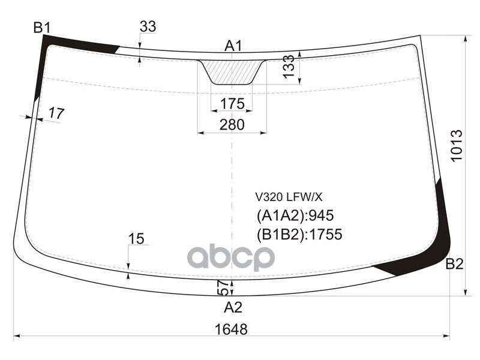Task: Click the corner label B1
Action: point(42,27)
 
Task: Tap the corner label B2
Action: point(454,263)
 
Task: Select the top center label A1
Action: point(233,46)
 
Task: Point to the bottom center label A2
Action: point(233,308)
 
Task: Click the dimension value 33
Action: point(148,26)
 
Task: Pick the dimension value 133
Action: point(289,67)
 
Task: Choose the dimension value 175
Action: point(232,104)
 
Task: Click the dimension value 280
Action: point(232,125)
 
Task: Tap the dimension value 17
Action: point(56,113)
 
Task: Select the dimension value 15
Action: point(136,239)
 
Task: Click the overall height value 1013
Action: point(457,146)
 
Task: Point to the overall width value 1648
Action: point(230,329)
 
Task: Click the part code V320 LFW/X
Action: point(289,196)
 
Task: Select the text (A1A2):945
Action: point(295,215)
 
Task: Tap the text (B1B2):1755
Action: point(299,234)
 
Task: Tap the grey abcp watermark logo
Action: point(231,258)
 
